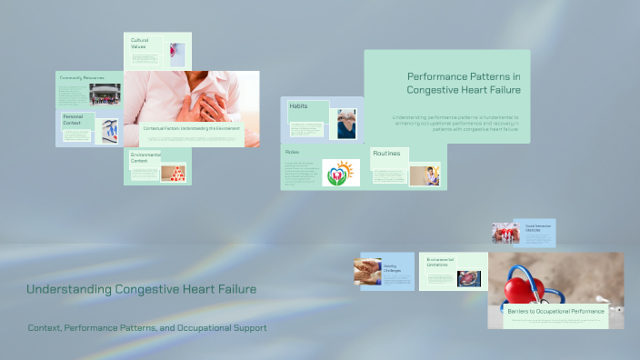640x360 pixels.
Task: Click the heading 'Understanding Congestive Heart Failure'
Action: coord(141,289)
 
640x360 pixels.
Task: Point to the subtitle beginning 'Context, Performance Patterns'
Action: coord(147,327)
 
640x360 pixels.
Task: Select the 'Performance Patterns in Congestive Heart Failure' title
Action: coord(463,84)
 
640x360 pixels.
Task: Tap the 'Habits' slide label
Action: coord(298,106)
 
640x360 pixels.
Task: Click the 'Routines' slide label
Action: coord(387,154)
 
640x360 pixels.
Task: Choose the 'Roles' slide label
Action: coord(292,152)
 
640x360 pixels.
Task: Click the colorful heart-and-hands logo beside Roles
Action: coord(341,173)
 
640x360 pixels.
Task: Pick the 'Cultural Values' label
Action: coord(139,43)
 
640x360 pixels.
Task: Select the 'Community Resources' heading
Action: coord(82,78)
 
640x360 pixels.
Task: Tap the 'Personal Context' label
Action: coord(74,119)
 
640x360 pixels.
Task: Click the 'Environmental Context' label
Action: coord(145,157)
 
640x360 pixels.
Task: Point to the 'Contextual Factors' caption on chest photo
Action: coord(191,128)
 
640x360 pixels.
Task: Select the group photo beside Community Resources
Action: coord(105,94)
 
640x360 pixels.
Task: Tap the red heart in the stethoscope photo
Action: coord(525,290)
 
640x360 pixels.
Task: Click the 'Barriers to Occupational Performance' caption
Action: coord(555,312)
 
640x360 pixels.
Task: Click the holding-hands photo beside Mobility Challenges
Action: coord(367,272)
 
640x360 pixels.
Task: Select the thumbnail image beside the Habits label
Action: coord(346,124)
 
